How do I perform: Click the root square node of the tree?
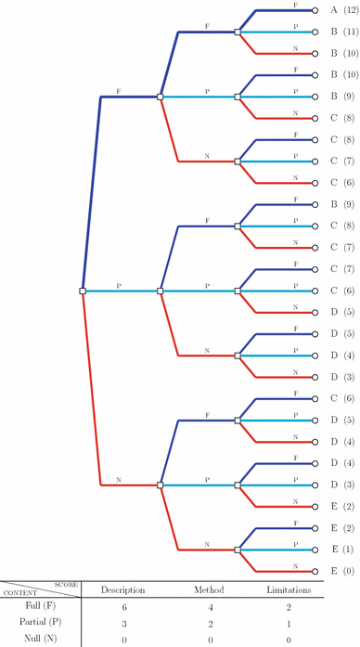pos(83,291)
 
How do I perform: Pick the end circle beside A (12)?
pos(316,10)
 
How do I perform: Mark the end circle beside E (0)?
pos(316,570)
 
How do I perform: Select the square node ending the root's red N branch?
pos(161,485)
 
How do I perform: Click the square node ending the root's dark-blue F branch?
pos(161,97)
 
